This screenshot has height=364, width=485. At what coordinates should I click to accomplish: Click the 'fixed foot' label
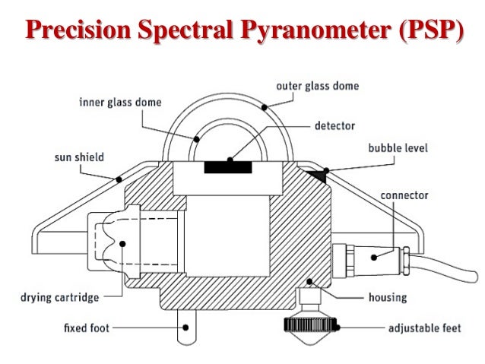click(85, 329)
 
